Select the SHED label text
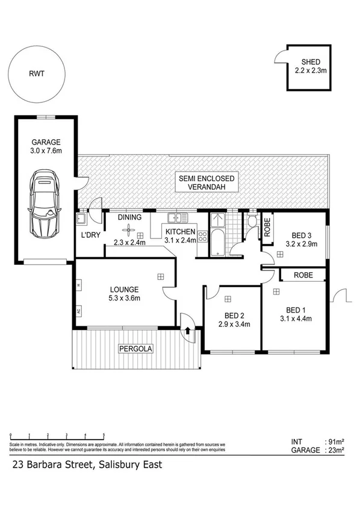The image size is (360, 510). [x=311, y=62]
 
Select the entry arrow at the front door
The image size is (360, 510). [x=188, y=329]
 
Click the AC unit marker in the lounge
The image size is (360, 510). [x=79, y=311]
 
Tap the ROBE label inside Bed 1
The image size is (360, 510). [x=303, y=275]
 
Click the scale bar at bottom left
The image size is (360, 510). [x=57, y=435]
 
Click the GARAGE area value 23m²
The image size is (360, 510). [x=335, y=450]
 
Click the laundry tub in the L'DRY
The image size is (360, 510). [x=82, y=219]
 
